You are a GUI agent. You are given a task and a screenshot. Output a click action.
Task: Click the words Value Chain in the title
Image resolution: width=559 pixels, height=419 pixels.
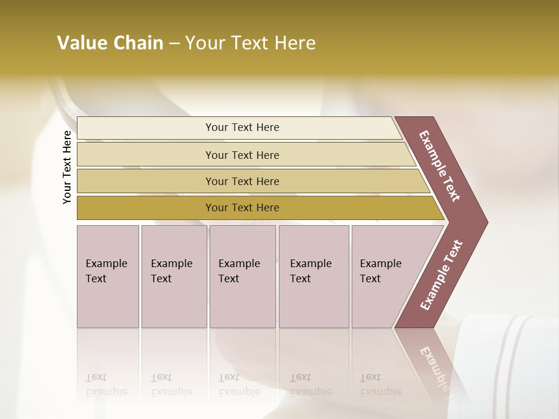(110, 43)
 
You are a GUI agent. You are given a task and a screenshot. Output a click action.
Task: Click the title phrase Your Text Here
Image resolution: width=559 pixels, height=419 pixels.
(250, 43)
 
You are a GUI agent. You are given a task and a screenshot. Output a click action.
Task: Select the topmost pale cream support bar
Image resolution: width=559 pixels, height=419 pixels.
(146, 128)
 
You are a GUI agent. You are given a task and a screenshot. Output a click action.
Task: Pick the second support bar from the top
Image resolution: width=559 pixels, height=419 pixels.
(146, 155)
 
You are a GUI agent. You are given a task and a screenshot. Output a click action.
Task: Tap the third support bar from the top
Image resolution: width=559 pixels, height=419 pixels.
(146, 181)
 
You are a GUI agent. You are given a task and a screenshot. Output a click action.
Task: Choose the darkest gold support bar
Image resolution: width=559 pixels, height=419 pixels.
(146, 208)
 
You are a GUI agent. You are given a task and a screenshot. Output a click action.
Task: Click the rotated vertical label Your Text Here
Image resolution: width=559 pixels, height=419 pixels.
(67, 167)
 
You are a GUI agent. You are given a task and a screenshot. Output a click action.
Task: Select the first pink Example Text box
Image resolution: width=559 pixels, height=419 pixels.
(108, 276)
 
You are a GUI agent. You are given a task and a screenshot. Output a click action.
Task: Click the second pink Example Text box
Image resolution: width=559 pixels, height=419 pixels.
(174, 276)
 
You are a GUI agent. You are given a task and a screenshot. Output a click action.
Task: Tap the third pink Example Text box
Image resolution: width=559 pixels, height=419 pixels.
(242, 276)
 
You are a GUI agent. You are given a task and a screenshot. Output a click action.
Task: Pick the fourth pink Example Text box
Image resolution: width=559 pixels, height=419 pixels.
(313, 276)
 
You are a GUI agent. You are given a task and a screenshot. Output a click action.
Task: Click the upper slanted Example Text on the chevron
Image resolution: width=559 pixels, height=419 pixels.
(440, 166)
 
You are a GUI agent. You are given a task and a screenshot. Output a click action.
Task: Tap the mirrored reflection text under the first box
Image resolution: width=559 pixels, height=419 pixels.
(107, 385)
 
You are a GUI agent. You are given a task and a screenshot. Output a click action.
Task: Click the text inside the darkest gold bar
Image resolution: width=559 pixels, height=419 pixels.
(242, 208)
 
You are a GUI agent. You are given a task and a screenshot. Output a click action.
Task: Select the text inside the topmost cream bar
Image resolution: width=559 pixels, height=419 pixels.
(242, 127)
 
